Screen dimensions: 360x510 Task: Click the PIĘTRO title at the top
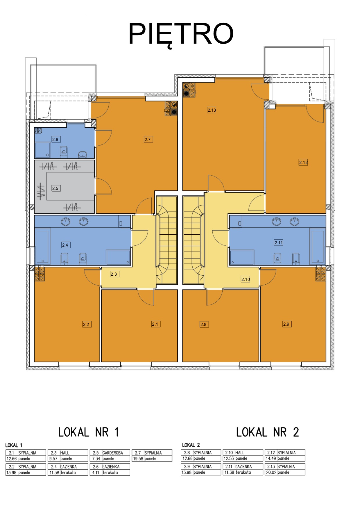tap(181, 34)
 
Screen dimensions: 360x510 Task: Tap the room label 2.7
tap(148, 139)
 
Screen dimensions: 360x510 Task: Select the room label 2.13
tap(212, 110)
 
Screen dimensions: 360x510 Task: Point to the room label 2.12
tap(303, 162)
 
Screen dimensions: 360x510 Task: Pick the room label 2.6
tap(56, 139)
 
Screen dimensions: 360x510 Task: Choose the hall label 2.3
tap(114, 274)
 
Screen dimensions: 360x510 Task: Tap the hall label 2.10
tap(246, 279)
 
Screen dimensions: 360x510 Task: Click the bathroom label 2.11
tap(278, 242)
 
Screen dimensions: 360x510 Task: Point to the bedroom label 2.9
tap(287, 324)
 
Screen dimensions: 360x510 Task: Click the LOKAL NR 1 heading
tap(88, 432)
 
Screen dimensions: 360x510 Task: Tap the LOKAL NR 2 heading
tap(267, 432)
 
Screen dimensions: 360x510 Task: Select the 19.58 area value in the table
tap(138, 459)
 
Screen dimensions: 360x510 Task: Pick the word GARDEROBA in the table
tap(112, 453)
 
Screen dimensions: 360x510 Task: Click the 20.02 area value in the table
tap(271, 472)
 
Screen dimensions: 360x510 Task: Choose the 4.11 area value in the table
tap(96, 472)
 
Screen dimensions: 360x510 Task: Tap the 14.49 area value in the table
tap(271, 458)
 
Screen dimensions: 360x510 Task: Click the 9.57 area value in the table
tap(53, 459)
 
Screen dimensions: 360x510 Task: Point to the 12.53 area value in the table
tap(229, 458)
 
